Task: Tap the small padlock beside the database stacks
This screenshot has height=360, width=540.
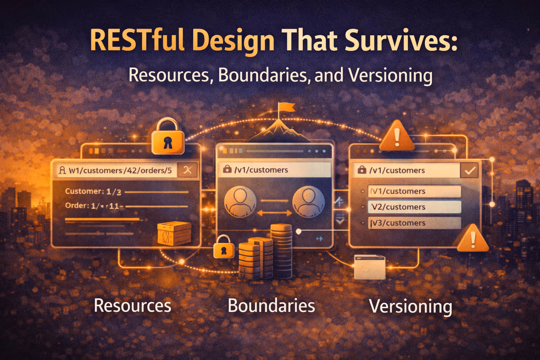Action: click(224, 247)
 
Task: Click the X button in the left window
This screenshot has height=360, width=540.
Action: click(187, 170)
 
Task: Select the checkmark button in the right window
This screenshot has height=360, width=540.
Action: click(470, 171)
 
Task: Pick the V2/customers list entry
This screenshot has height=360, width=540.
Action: click(414, 207)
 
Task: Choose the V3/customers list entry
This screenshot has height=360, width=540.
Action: click(414, 223)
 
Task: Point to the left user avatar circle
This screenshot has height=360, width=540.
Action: click(240, 201)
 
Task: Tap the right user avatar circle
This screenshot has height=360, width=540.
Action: click(308, 201)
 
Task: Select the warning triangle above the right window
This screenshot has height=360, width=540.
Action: click(397, 137)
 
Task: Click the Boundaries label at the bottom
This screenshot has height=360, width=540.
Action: click(271, 306)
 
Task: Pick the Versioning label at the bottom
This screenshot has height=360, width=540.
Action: click(410, 306)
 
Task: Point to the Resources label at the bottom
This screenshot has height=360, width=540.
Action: click(133, 306)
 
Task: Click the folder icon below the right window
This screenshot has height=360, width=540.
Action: click(369, 267)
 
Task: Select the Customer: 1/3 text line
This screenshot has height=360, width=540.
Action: click(93, 192)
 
